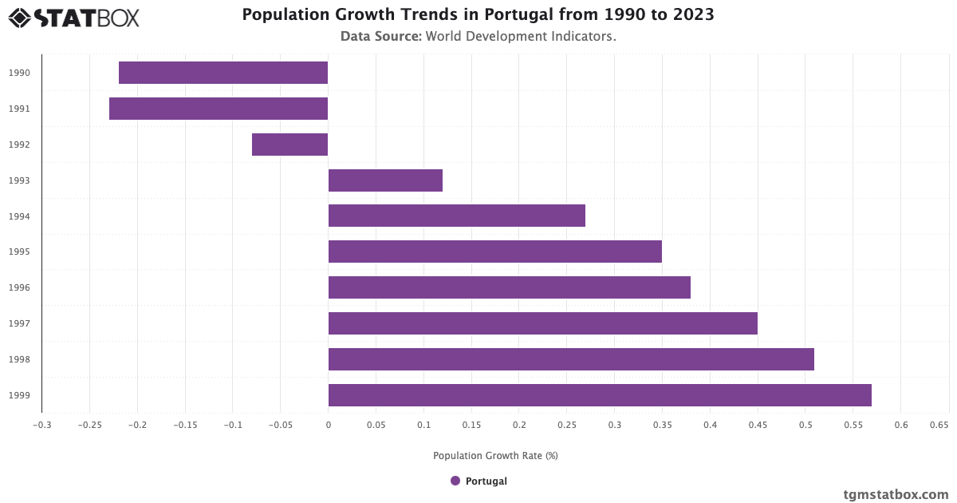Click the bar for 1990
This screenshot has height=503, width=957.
(x=223, y=73)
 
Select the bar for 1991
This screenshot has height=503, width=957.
(x=219, y=109)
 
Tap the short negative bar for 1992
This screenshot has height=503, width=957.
(x=289, y=145)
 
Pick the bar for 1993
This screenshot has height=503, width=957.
(x=385, y=180)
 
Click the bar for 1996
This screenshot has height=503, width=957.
(x=509, y=287)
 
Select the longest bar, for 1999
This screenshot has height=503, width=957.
(x=600, y=395)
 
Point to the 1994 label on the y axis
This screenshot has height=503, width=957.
(x=19, y=216)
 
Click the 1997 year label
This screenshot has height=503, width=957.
(x=19, y=323)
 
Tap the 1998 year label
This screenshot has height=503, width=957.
(x=19, y=359)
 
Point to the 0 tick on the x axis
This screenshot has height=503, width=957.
(x=328, y=425)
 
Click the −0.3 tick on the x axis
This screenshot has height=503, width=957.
(x=41, y=425)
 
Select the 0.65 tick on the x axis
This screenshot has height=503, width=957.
(x=939, y=425)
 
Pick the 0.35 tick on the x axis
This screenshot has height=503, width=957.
(x=662, y=425)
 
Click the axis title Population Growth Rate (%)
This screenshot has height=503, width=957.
(x=495, y=456)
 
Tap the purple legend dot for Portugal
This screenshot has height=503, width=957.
(x=455, y=481)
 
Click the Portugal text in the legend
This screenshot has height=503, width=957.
(x=486, y=481)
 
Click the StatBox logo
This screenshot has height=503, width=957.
(x=74, y=18)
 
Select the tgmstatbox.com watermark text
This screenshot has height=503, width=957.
(x=896, y=494)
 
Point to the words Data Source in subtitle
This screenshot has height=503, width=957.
(x=380, y=36)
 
